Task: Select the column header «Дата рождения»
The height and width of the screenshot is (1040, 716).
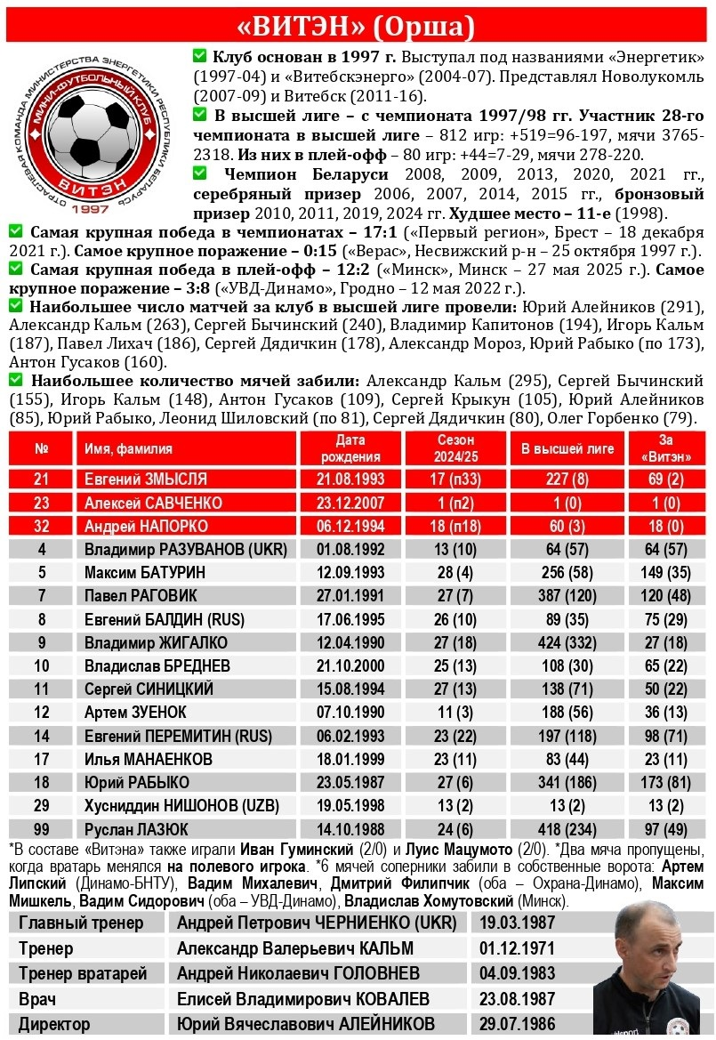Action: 351,448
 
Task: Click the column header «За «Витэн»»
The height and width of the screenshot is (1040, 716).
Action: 665,448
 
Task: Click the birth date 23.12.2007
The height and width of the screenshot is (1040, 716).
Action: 351,503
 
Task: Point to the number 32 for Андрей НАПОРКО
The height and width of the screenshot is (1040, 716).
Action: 41,526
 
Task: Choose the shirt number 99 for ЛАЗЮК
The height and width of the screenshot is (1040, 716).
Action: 41,829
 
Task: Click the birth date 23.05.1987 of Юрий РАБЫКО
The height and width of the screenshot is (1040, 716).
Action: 351,783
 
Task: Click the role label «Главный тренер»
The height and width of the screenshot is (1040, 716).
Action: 81,923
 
